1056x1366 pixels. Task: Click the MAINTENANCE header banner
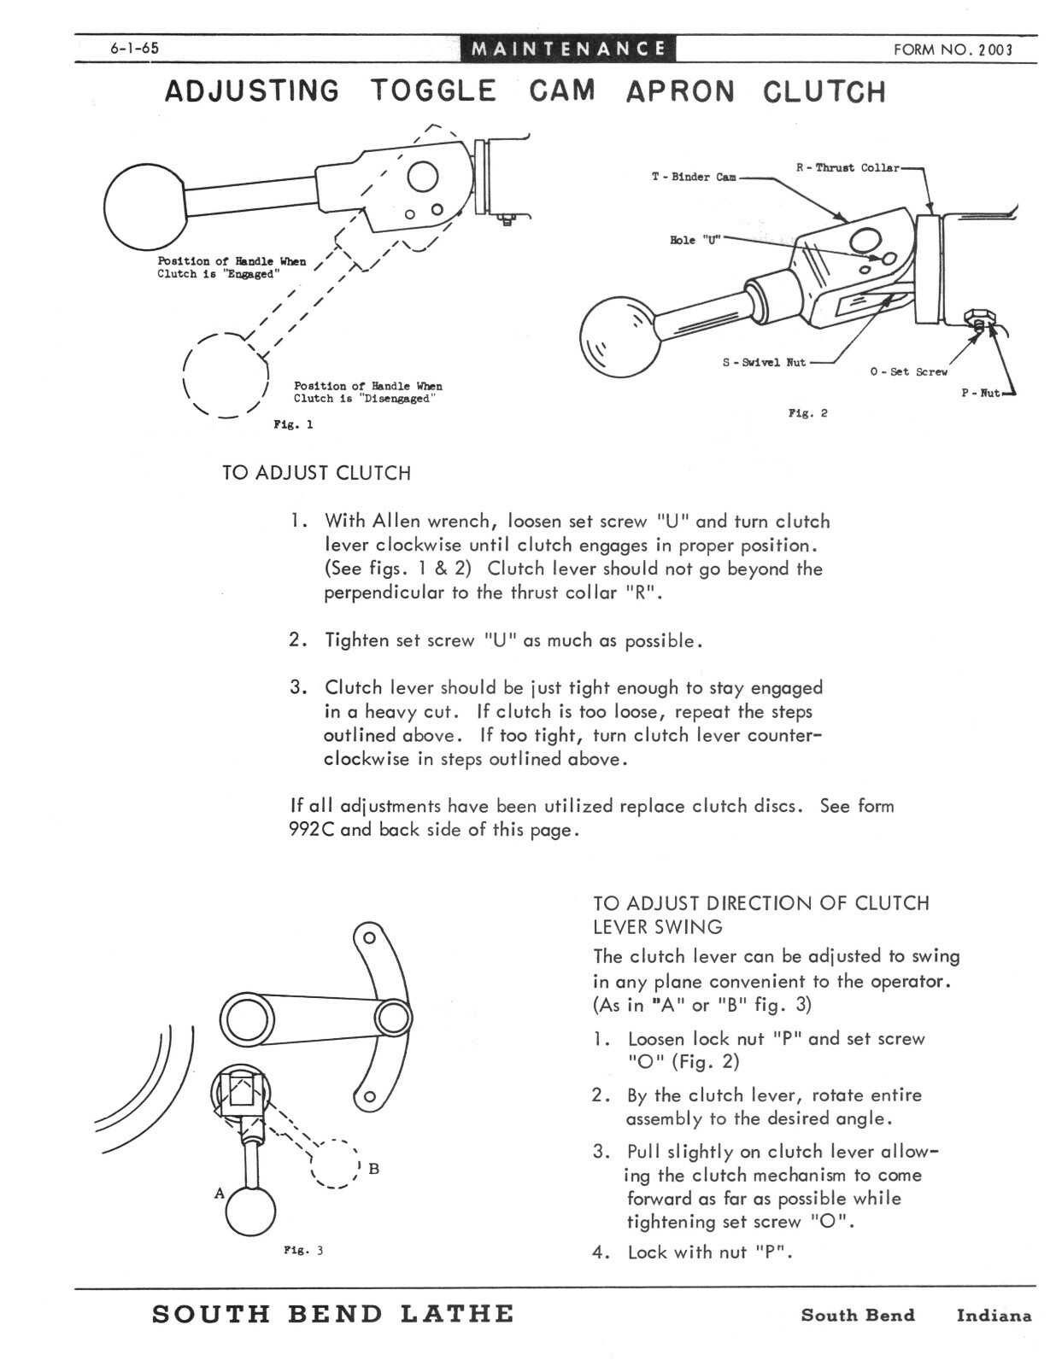568,49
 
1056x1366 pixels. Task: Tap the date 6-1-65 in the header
135,49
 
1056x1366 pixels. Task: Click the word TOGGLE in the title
433,90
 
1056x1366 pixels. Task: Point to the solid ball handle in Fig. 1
144,206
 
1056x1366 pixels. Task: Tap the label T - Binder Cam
693,177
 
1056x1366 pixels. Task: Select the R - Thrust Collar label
848,168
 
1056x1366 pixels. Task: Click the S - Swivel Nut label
764,362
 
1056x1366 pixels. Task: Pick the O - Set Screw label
909,372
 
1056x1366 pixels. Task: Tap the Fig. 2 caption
807,413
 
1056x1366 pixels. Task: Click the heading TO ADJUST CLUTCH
316,473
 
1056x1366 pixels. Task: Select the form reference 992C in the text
311,829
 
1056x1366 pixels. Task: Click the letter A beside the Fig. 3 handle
220,1193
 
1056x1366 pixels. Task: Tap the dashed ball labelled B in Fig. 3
335,1165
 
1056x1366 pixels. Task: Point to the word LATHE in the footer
457,1314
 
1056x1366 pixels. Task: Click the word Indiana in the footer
994,1316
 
